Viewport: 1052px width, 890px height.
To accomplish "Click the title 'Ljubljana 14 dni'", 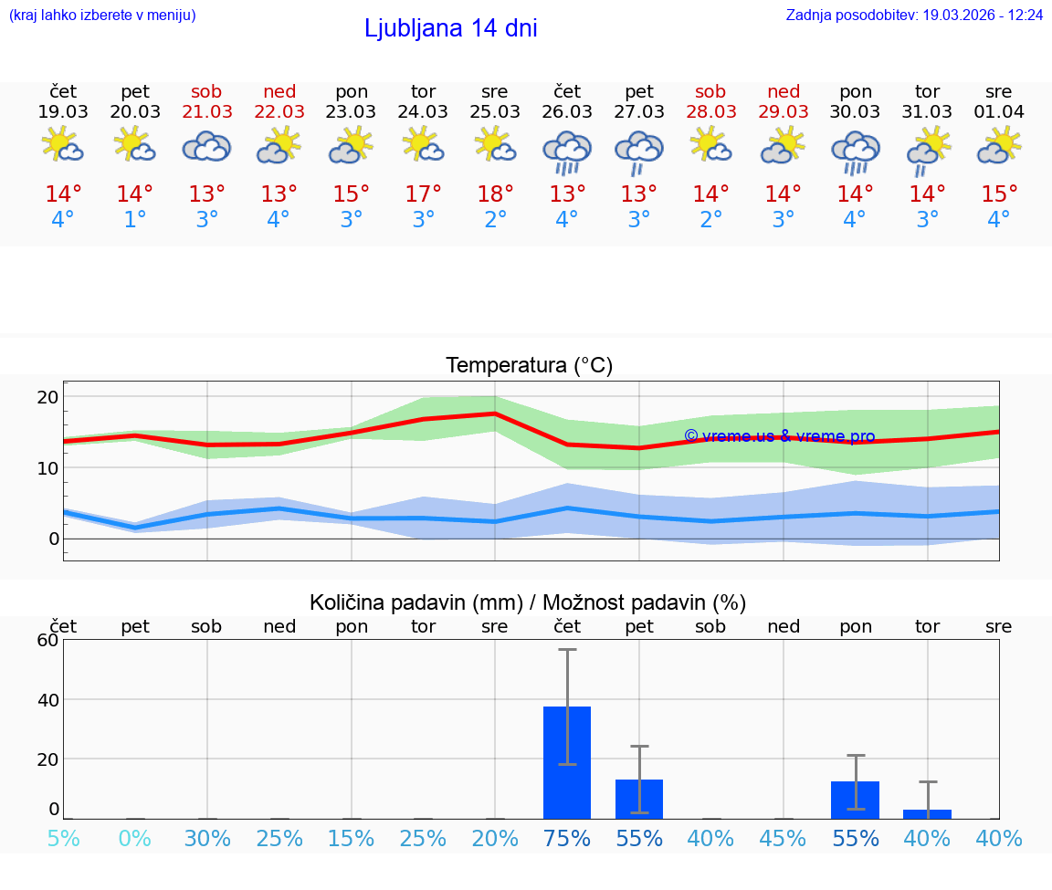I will point(450,28).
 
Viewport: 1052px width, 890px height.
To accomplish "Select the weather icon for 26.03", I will point(566,152).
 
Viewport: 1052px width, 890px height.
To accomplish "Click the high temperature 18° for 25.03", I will point(495,194).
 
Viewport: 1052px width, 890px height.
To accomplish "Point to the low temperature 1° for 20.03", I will point(134,220).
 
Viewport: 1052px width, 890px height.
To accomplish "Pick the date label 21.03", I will point(207,112).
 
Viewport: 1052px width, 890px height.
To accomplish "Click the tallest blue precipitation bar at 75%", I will point(567,762).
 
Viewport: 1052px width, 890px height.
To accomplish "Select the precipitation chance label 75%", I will point(567,838).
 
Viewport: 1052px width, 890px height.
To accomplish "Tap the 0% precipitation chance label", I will point(134,838).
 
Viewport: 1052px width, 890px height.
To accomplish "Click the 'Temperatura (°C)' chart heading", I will point(529,366).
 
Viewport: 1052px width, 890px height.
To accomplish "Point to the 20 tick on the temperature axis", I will point(47,397).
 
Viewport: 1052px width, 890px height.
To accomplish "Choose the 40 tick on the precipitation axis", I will point(47,700).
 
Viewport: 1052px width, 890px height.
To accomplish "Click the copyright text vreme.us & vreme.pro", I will point(780,436).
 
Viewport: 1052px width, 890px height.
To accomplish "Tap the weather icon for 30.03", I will point(855,152).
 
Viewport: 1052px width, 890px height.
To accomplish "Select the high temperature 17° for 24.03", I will point(423,194).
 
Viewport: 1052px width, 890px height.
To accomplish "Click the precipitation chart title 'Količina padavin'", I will point(528,602).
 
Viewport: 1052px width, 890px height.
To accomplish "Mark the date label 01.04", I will point(999,112).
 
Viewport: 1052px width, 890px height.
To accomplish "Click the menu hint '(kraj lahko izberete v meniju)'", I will point(102,16).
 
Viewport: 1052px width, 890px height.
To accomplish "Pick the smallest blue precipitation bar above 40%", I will point(927,813).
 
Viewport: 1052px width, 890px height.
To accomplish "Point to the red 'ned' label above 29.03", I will point(784,91).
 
